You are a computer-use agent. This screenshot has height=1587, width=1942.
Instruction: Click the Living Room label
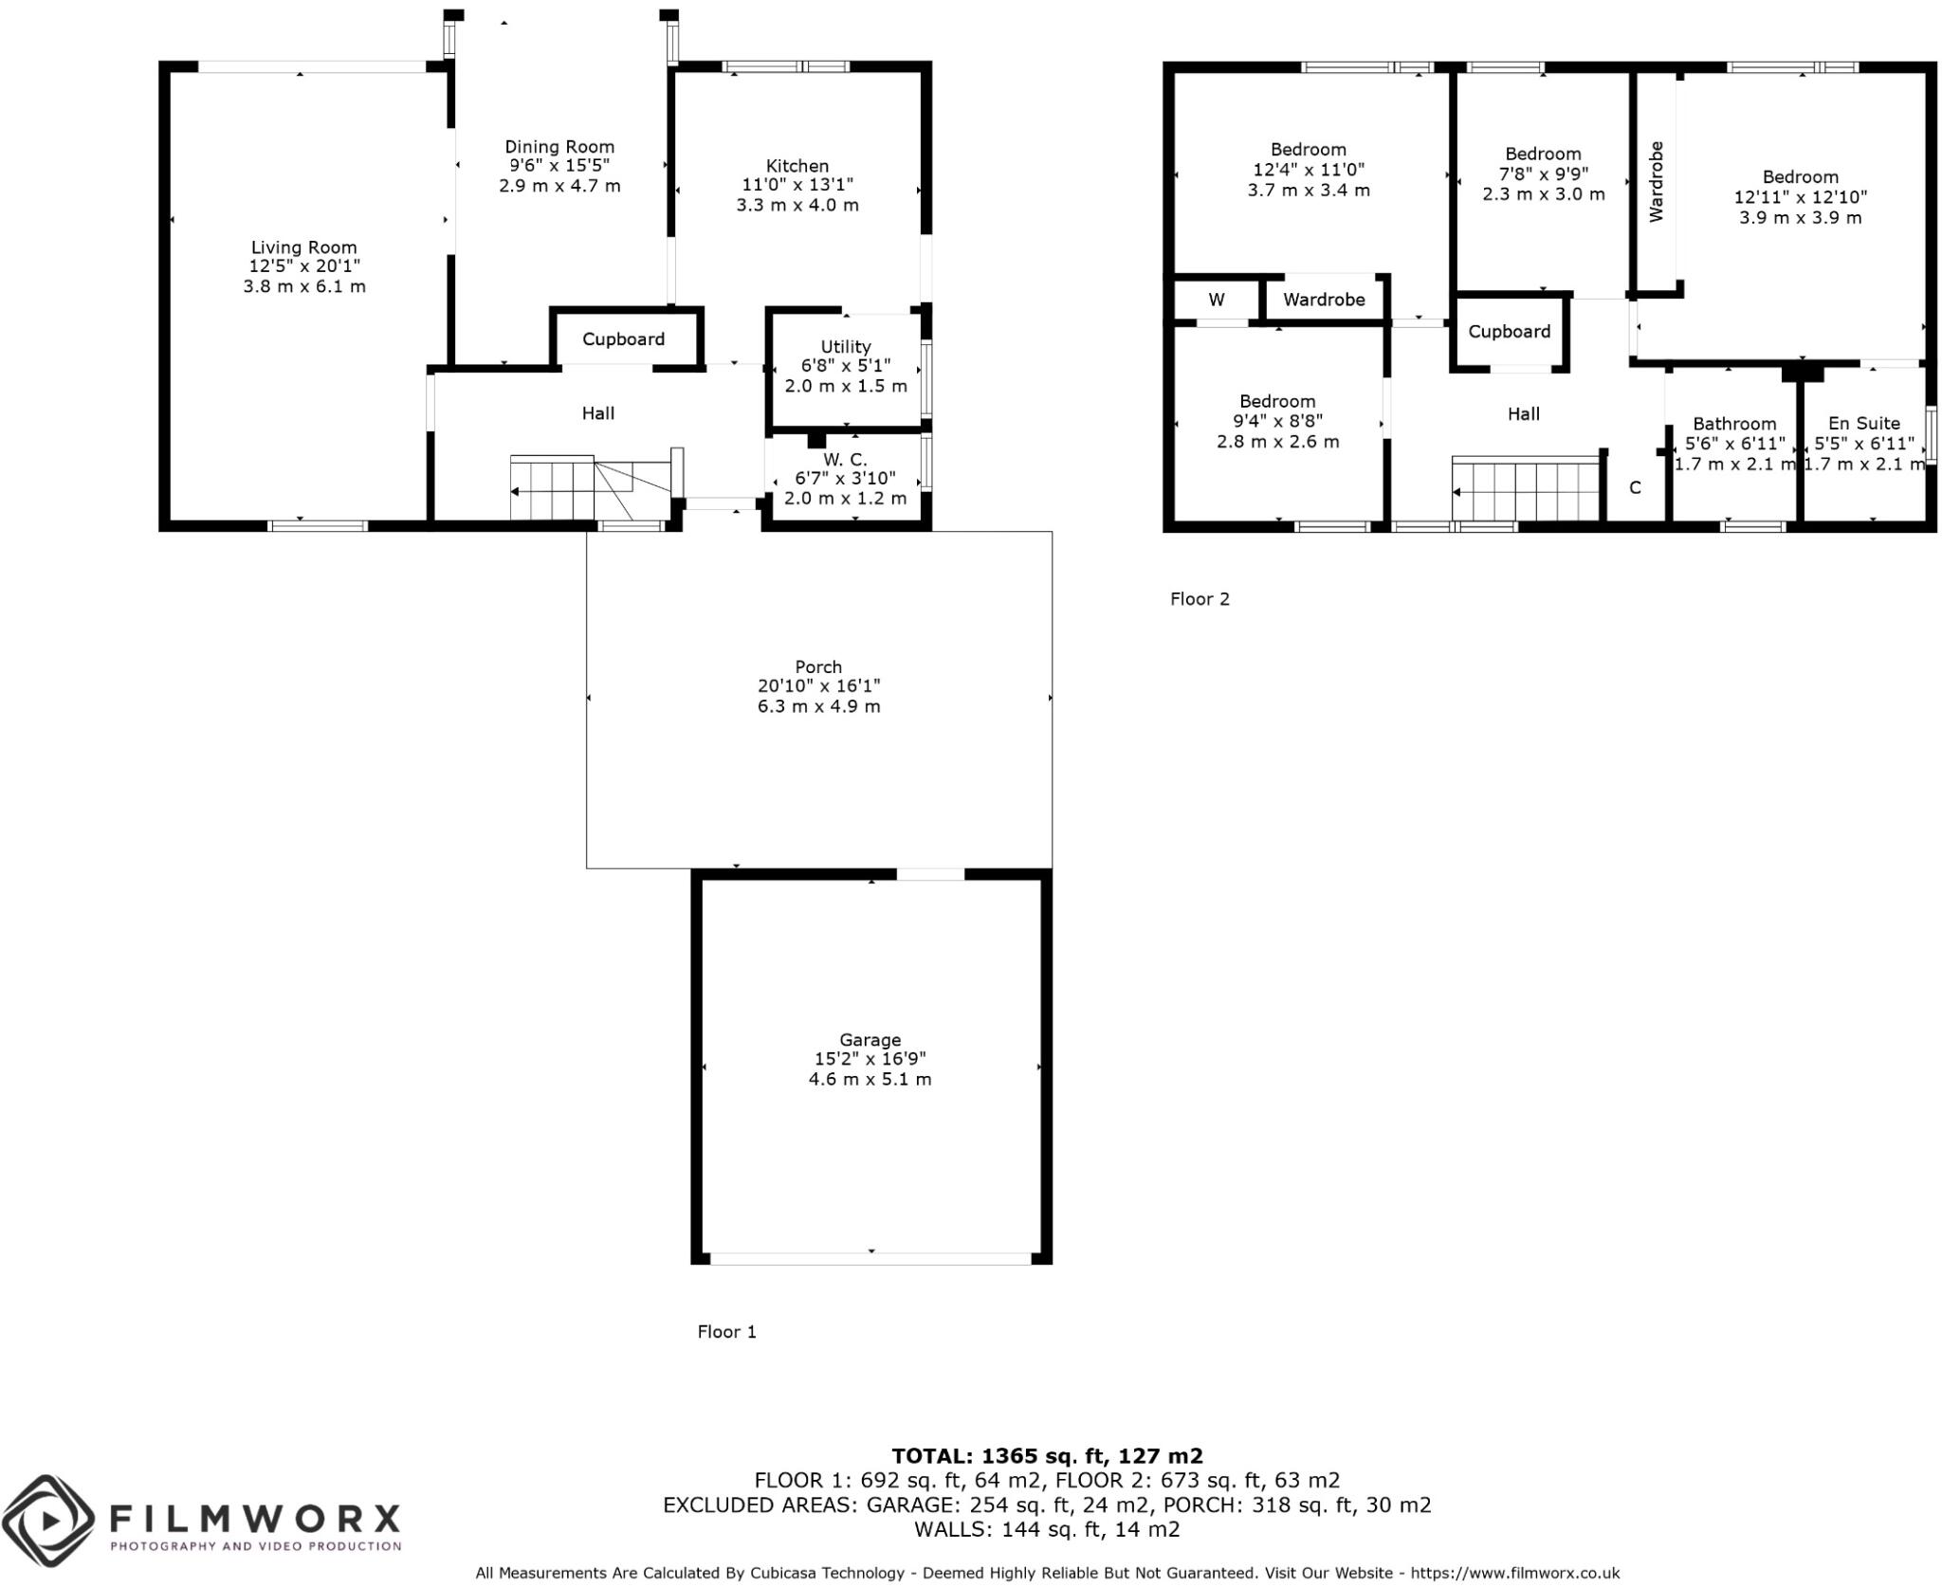(x=303, y=247)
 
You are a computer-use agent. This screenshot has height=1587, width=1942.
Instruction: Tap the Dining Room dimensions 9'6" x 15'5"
(x=559, y=166)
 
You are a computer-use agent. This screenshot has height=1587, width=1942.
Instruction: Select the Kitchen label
(x=797, y=166)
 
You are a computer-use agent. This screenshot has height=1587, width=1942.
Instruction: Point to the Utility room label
(x=846, y=347)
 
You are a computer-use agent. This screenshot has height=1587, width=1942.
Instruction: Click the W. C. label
(x=845, y=460)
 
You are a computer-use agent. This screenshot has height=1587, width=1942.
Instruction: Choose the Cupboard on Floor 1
(x=623, y=339)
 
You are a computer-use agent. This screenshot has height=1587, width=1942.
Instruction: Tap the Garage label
(x=870, y=1039)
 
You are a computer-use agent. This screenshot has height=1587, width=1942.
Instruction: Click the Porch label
(x=818, y=666)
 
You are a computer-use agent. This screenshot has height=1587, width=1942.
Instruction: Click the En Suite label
(x=1864, y=424)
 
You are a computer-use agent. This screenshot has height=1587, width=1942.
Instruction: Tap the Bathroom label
(x=1734, y=424)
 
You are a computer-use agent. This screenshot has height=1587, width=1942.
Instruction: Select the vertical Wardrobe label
(x=1656, y=181)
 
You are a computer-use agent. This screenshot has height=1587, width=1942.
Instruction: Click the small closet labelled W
(x=1217, y=300)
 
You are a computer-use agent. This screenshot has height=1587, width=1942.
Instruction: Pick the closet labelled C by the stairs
(x=1635, y=488)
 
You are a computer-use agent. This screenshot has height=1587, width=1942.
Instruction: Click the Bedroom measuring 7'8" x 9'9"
(x=1543, y=154)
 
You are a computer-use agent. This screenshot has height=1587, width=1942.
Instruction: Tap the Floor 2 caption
(x=1200, y=599)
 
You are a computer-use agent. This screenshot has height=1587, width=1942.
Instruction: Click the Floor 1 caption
(x=726, y=1332)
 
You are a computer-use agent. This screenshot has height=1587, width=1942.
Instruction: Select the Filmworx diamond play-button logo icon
(x=47, y=1522)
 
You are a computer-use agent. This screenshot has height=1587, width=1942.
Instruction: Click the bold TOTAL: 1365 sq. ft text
(x=1047, y=1456)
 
